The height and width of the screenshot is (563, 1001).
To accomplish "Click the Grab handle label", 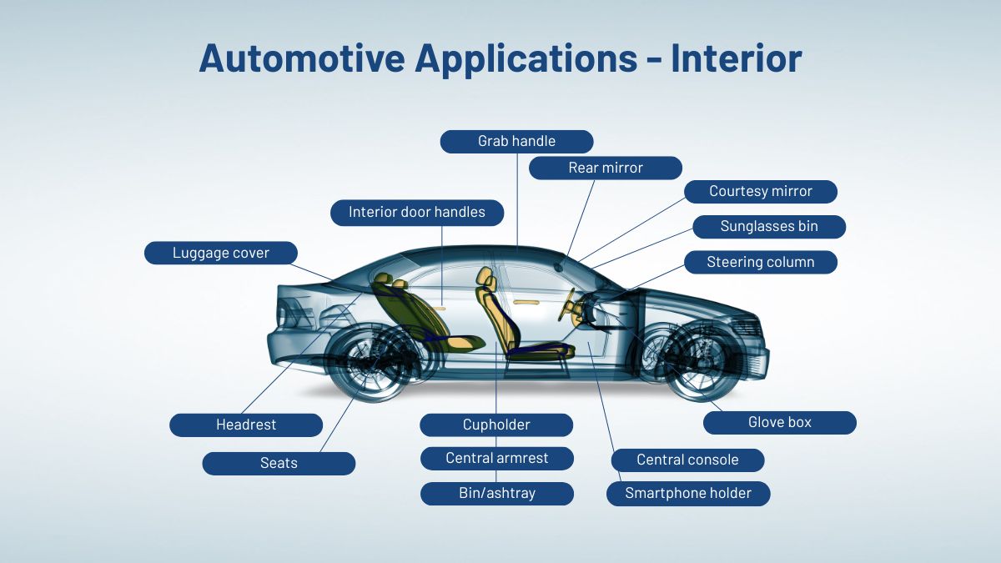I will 516,141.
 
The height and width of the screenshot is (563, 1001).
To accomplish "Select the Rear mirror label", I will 606,168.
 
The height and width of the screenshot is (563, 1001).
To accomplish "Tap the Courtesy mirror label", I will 761,191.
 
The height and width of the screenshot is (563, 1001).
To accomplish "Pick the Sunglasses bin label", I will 769,226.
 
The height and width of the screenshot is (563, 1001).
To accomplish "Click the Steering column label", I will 761,262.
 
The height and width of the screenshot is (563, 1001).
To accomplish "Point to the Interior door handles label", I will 417,212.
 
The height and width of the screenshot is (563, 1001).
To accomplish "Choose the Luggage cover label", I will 221,253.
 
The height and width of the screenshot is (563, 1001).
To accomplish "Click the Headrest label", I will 246,425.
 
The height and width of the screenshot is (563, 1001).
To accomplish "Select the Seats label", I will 279,463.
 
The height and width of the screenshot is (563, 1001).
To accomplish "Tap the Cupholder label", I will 496,425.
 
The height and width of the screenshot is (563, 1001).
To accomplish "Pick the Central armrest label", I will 497,458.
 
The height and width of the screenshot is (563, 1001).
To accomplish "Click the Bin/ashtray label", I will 497,493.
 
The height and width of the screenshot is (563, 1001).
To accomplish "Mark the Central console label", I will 687,460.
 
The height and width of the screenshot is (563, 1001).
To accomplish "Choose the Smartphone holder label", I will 688,493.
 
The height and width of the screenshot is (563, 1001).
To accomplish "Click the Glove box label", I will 779,422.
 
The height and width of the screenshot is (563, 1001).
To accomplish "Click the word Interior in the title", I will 737,58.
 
